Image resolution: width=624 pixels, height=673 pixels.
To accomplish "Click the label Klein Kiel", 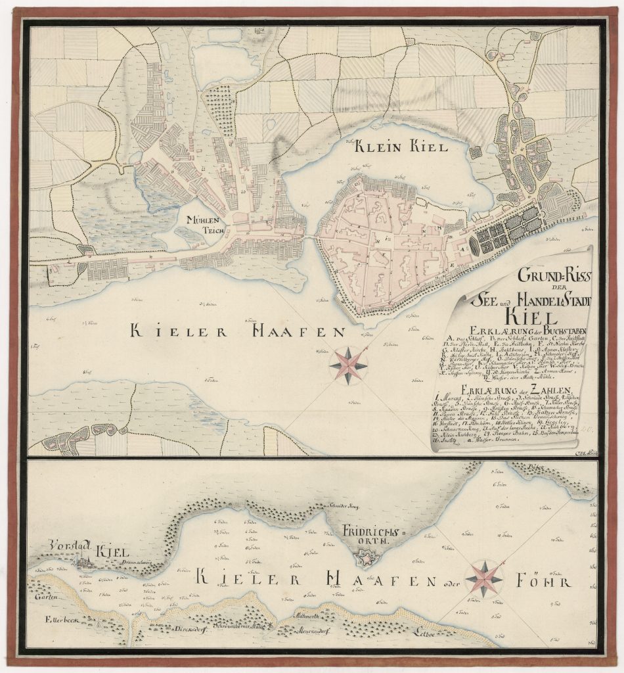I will pos(401,147).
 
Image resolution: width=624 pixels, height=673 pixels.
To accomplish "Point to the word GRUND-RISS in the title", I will pos(552,276).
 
